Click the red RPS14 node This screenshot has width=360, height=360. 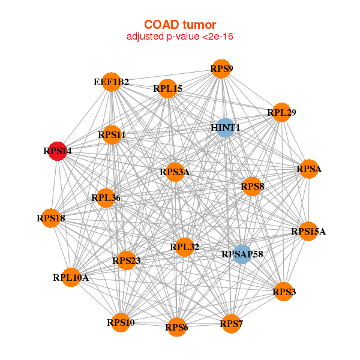click(x=58, y=151)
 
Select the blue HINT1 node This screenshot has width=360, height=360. click(x=226, y=128)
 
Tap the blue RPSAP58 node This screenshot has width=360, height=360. click(x=242, y=254)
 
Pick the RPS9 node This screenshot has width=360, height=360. click(x=221, y=69)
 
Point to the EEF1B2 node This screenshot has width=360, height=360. click(x=112, y=82)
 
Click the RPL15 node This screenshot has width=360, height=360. click(x=168, y=89)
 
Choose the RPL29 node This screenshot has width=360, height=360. click(x=282, y=112)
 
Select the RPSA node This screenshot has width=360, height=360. click(x=309, y=169)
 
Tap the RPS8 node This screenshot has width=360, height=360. click(x=253, y=187)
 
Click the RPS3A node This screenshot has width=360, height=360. click(x=175, y=172)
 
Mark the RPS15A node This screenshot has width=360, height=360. click(x=308, y=231)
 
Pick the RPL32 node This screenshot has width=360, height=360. click(x=185, y=247)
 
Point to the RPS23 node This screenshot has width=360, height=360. click(x=127, y=260)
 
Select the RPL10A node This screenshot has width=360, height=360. click(x=71, y=277)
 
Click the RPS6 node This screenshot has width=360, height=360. click(x=176, y=327)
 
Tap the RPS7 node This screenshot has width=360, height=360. click(x=231, y=324)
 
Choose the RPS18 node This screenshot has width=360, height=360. click(x=51, y=218)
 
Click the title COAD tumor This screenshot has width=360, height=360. click(x=180, y=25)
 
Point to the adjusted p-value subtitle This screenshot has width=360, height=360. click(x=180, y=37)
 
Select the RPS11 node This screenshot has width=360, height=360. click(x=112, y=135)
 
